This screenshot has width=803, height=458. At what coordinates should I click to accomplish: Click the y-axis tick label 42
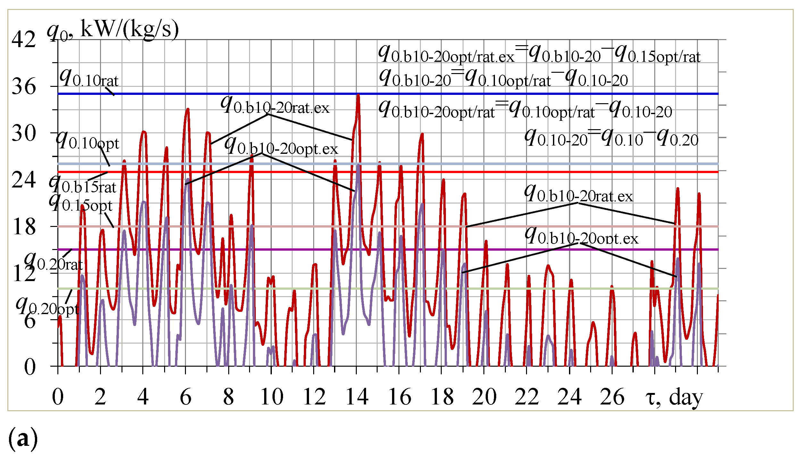pos(23,40)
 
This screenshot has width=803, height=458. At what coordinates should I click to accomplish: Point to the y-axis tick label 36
pos(23,87)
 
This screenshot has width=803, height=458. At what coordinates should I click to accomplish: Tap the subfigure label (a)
pos(23,438)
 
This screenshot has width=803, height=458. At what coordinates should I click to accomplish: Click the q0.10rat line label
pos(89,78)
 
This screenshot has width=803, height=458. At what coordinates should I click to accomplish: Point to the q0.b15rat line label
pos(82,185)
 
